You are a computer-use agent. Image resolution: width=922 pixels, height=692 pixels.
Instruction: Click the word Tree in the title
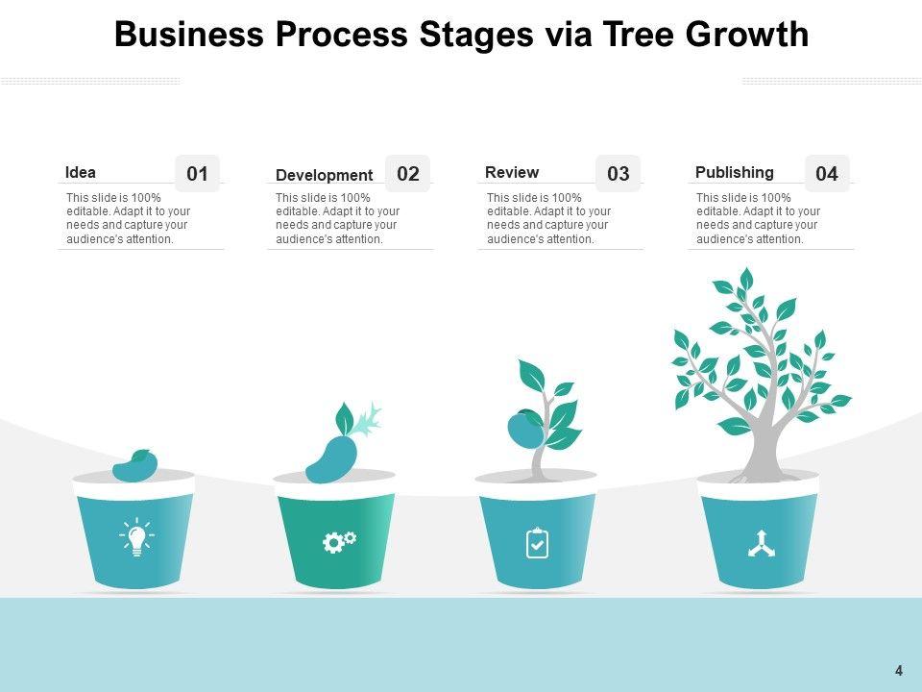(x=637, y=36)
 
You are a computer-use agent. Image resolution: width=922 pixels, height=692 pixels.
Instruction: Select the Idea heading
(x=81, y=173)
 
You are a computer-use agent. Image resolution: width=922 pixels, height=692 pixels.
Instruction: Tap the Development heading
(x=324, y=175)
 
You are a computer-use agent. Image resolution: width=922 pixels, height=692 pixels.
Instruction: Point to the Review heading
(x=512, y=173)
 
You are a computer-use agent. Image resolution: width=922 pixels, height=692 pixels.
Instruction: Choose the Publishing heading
(x=734, y=173)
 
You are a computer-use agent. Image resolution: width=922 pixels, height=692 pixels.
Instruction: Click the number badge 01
(x=197, y=174)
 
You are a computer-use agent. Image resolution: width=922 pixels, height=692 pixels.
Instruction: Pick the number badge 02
(x=408, y=174)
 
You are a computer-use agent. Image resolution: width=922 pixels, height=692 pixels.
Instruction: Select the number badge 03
(x=619, y=174)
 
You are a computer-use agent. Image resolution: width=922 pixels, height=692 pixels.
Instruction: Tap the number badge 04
(x=827, y=174)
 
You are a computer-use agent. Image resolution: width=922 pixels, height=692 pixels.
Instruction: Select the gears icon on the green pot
(x=338, y=542)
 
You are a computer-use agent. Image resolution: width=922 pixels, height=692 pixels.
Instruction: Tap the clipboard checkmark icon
(x=538, y=543)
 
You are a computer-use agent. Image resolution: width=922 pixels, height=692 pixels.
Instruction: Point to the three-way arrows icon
(x=762, y=544)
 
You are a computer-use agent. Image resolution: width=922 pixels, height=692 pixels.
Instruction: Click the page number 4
(x=899, y=671)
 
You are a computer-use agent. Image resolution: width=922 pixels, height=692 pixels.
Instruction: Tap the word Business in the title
(x=188, y=36)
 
